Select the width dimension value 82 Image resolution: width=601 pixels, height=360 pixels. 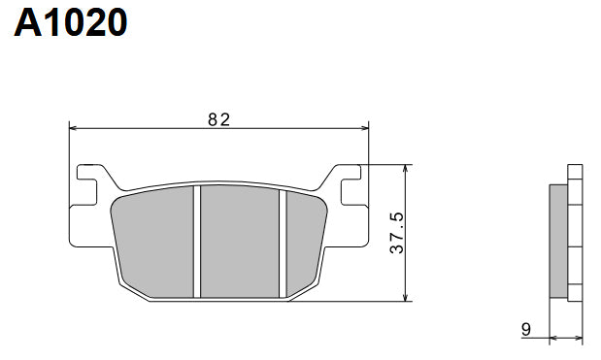click(x=218, y=119)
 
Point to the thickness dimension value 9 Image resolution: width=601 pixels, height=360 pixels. click(x=525, y=330)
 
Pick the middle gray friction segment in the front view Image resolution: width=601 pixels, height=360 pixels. click(x=239, y=241)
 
